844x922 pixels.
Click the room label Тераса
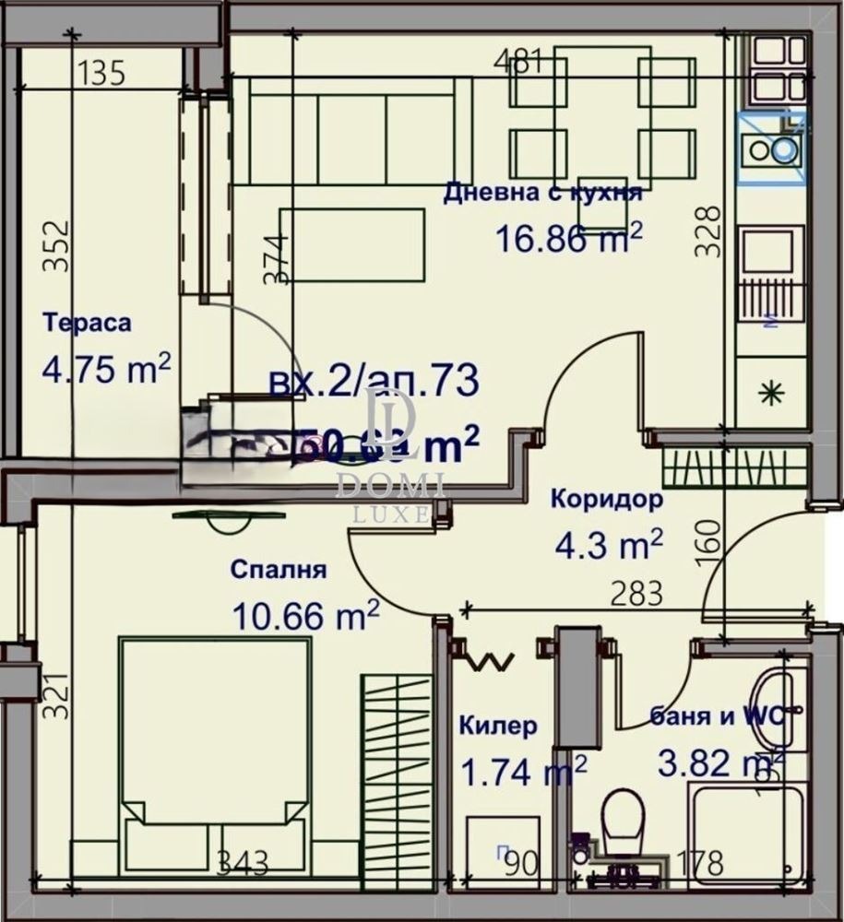point(87,323)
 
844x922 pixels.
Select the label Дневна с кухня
point(542,194)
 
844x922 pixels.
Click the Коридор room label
point(606,500)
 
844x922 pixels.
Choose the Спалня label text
point(279,570)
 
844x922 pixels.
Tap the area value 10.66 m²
point(305,616)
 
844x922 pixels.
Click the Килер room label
point(498,727)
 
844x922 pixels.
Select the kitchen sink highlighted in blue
point(772,148)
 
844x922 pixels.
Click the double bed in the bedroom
point(214,747)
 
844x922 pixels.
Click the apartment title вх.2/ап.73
point(374,381)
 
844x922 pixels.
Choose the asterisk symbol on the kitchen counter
point(770,394)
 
